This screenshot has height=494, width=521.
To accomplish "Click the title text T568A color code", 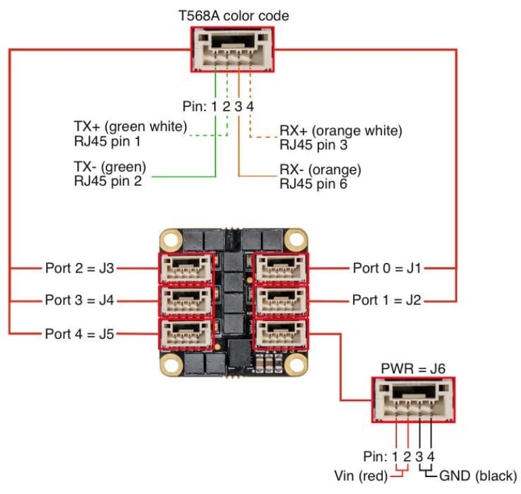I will point(232,14).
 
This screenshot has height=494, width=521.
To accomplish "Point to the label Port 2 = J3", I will point(79,268).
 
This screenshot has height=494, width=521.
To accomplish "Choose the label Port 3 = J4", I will point(79,300).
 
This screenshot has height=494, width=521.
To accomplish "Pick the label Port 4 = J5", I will point(79,333).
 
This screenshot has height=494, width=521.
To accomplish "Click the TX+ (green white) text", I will point(130,127).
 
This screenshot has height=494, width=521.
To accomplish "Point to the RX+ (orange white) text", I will point(341,130).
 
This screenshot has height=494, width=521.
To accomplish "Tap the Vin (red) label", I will point(361,475).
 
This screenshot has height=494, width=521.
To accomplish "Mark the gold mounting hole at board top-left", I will point(170,240).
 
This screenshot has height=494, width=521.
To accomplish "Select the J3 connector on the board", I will point(186,268).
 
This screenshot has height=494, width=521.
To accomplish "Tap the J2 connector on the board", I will point(278,300).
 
